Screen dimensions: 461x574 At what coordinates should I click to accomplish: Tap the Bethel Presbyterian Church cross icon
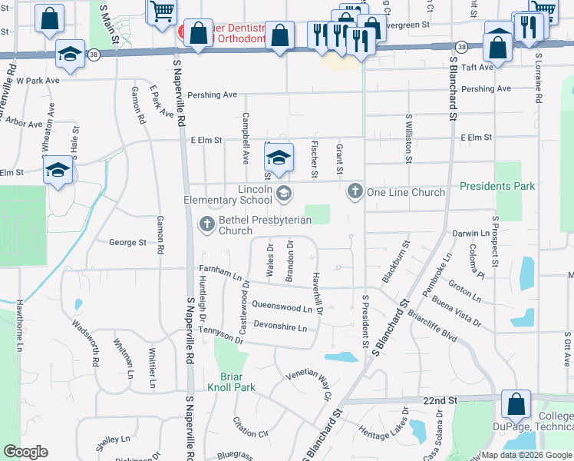(206, 224)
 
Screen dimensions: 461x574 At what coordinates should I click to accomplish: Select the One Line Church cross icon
(355, 191)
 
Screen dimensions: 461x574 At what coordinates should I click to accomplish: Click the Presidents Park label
(496, 186)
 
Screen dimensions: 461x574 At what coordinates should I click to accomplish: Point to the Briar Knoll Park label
(231, 383)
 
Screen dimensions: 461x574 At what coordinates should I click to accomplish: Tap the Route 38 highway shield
(93, 55)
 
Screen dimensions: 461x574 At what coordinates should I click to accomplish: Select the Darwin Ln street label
(470, 233)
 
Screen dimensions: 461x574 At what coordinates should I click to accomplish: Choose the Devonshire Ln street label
(280, 327)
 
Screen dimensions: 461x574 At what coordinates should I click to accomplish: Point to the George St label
(127, 242)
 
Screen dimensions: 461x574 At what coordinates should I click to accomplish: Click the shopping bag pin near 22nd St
(516, 404)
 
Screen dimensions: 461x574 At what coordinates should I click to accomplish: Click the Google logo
(25, 452)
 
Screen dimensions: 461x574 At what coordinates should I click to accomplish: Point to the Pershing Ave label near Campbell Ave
(219, 95)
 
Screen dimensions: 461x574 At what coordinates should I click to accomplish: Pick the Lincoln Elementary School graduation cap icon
(283, 193)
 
